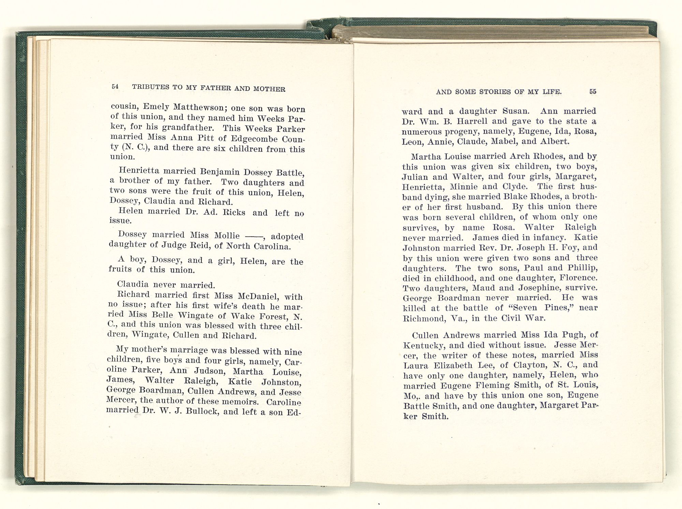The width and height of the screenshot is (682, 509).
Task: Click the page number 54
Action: click(115, 86)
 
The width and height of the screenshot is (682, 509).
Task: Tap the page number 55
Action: click(593, 91)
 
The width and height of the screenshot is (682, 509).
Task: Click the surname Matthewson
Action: click(198, 107)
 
